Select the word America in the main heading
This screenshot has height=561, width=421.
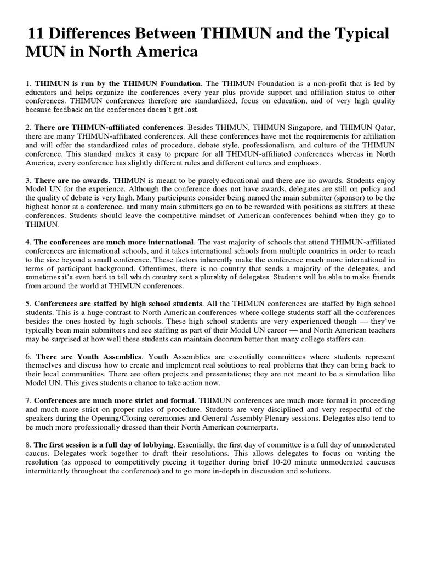pyautogui.click(x=164, y=53)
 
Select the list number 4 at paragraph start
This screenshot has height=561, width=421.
pyautogui.click(x=27, y=242)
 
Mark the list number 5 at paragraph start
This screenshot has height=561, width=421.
pyautogui.click(x=27, y=304)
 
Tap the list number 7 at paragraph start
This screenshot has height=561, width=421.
pyautogui.click(x=27, y=400)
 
